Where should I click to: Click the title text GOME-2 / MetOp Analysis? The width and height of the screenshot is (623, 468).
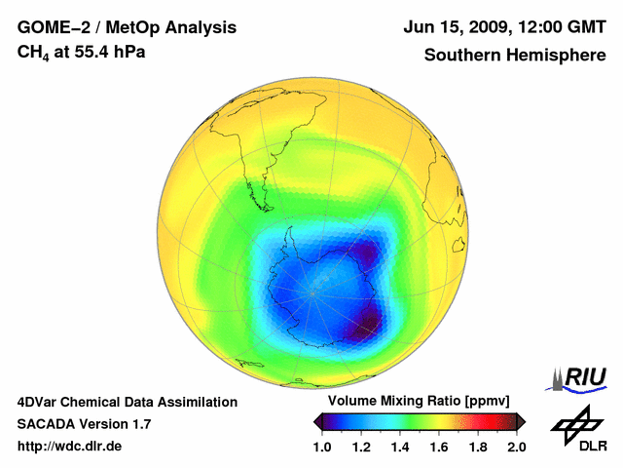tap(127, 28)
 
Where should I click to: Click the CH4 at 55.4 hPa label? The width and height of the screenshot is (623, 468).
tap(82, 52)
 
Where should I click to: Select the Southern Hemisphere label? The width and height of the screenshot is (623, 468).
tap(514, 55)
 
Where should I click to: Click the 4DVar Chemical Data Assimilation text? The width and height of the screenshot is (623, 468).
tap(128, 402)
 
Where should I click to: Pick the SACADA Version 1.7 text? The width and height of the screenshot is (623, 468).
tap(84, 424)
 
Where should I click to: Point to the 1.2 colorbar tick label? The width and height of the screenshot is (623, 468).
tap(361, 447)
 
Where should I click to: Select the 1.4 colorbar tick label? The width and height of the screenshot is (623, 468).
tap(400, 447)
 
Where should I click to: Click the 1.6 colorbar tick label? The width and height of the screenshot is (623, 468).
tap(439, 447)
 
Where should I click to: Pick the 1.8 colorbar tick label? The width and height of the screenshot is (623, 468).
tap(478, 447)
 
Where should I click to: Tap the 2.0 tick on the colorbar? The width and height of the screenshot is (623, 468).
tap(516, 447)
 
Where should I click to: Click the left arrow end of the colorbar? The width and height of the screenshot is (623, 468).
tap(317, 421)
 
